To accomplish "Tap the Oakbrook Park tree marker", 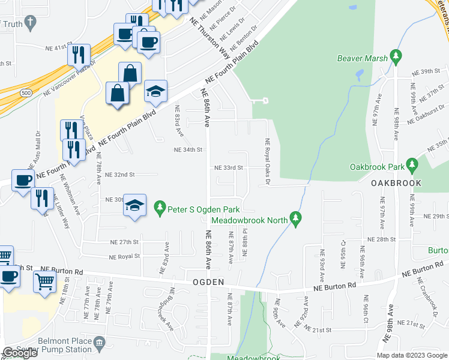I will click(411, 164).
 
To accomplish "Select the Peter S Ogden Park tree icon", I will click(159, 209).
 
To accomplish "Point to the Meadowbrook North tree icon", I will click(295, 219).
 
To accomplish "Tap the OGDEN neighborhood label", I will click(208, 281).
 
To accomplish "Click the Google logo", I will click(20, 353).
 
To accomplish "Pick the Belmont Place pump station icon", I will click(99, 343).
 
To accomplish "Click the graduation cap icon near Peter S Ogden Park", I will click(134, 205).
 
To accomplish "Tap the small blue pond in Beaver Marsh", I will click(359, 76).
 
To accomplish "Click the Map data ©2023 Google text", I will click(412, 355).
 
